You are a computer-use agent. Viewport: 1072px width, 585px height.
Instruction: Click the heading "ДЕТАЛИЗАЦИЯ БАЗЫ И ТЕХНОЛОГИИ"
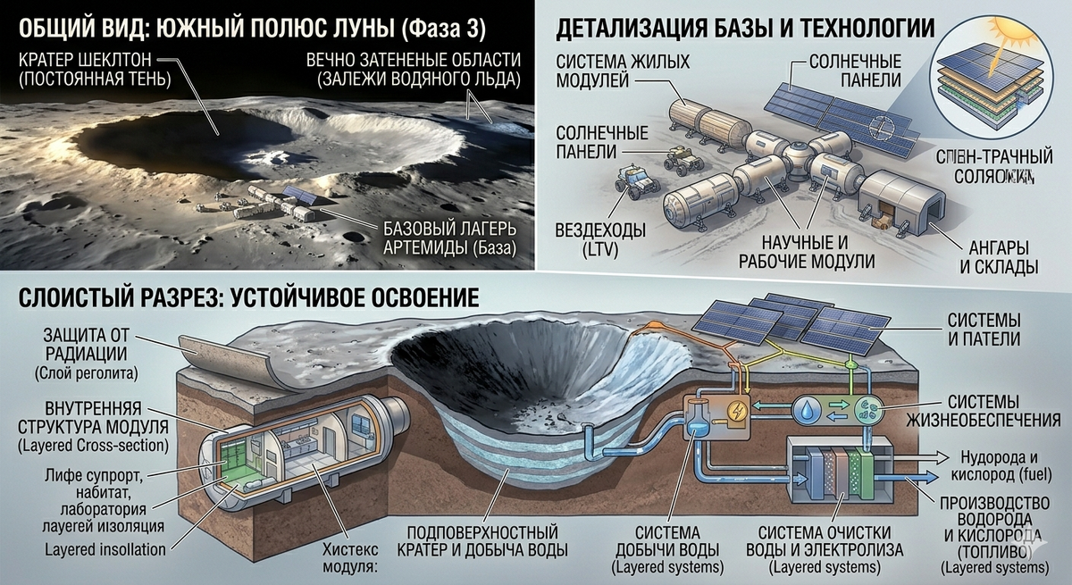[746, 29]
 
